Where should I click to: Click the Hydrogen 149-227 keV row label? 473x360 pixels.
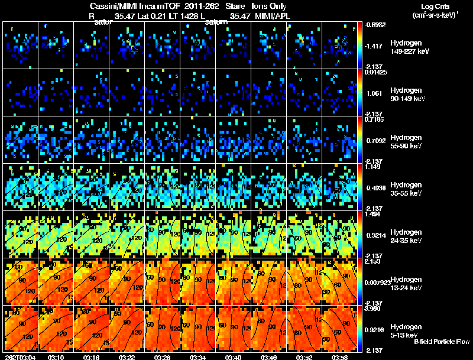click(x=405, y=47)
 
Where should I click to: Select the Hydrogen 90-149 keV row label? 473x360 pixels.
click(x=405, y=95)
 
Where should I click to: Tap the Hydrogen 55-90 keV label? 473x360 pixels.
click(x=405, y=142)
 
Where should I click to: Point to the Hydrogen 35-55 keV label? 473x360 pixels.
click(x=405, y=189)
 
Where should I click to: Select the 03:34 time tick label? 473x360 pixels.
click(x=197, y=357)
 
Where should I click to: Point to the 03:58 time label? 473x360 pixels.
click(x=339, y=357)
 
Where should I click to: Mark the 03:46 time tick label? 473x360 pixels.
click(x=268, y=357)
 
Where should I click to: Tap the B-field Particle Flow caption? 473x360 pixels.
click(x=442, y=342)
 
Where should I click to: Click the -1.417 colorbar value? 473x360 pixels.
click(x=377, y=45)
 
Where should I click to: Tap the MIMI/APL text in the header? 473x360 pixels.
click(x=273, y=15)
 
